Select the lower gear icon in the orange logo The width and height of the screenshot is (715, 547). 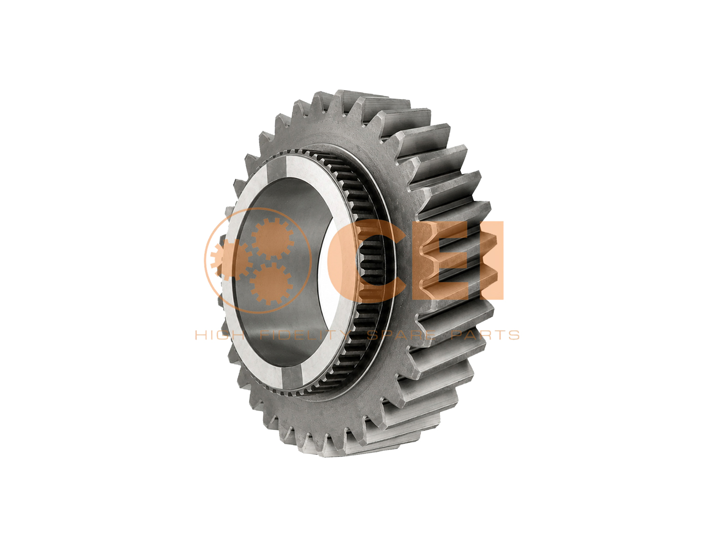pyautogui.click(x=270, y=283)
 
